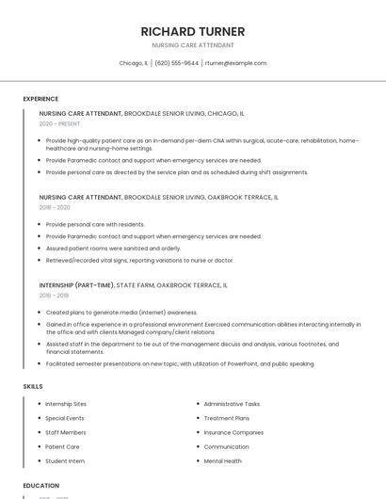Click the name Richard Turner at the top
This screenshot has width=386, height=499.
(x=193, y=31)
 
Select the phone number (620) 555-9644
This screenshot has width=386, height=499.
(x=176, y=63)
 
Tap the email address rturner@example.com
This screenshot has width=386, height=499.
(x=235, y=63)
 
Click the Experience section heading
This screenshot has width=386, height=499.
(x=40, y=99)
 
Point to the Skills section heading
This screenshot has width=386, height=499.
(x=32, y=386)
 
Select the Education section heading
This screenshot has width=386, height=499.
(x=41, y=486)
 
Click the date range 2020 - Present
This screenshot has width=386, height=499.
(x=59, y=123)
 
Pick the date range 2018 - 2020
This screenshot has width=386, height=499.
(x=55, y=207)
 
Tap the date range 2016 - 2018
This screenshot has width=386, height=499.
(x=54, y=295)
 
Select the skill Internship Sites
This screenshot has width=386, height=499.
(x=66, y=404)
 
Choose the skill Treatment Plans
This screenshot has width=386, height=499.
(x=227, y=418)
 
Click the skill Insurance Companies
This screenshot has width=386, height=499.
(x=233, y=432)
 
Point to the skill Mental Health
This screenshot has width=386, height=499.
(x=222, y=461)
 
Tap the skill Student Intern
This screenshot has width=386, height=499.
(x=65, y=461)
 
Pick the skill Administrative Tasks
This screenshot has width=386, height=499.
(x=232, y=404)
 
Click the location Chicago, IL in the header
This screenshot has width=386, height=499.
(x=133, y=63)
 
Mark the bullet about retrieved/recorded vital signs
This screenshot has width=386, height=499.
(x=139, y=260)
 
